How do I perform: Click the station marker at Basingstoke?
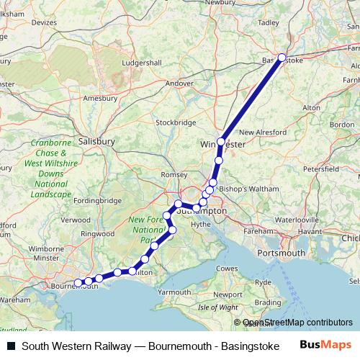[x=282, y=58]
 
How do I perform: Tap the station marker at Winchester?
[x=220, y=142]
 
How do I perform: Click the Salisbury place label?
[x=96, y=142]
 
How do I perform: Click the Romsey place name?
[x=174, y=174]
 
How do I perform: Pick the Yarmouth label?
[x=175, y=292]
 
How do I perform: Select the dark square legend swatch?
[x=11, y=345]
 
